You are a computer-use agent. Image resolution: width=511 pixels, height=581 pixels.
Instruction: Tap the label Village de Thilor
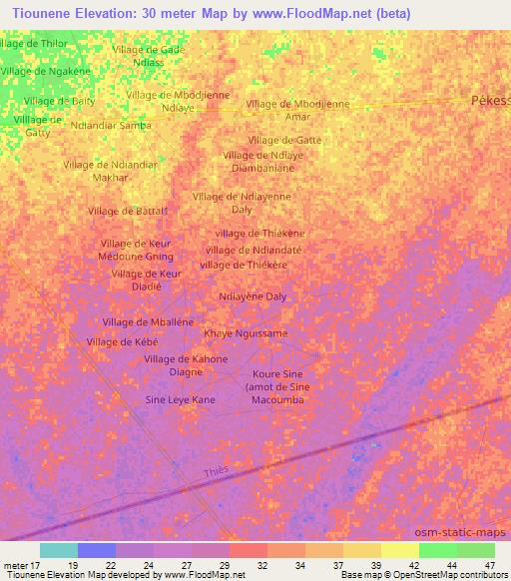point(34,44)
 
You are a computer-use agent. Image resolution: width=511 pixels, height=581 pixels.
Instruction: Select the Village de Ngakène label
point(45,71)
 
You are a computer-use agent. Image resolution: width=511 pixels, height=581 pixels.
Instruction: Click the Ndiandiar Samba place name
point(111,125)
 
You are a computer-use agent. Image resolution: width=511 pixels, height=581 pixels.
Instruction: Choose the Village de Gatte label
point(284,140)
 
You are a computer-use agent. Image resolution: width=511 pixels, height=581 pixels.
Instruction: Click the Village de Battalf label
point(127,211)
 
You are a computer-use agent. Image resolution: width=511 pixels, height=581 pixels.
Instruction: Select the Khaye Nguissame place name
point(246,333)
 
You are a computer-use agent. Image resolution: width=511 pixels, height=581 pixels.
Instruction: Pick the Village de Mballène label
point(148,321)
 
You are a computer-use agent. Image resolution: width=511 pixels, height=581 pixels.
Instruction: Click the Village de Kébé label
point(124,341)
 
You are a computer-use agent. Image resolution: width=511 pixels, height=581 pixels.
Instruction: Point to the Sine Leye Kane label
point(181,399)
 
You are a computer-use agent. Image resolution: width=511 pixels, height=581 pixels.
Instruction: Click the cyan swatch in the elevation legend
point(59,550)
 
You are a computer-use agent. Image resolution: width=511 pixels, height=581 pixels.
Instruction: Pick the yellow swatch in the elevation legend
point(399,550)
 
